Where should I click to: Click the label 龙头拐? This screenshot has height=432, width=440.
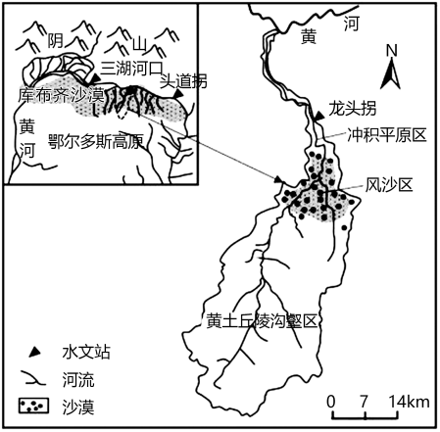(352, 109)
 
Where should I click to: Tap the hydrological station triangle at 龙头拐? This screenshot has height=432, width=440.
(318, 115)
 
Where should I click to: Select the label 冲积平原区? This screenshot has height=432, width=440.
(387, 135)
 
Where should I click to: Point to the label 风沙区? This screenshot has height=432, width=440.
(389, 185)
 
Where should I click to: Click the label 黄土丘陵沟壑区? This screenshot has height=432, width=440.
(262, 321)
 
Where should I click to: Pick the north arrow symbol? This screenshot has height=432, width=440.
(391, 75)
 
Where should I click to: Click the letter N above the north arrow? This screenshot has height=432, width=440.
(392, 51)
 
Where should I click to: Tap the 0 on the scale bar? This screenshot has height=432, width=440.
(331, 402)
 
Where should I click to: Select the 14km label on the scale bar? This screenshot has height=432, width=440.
(410, 402)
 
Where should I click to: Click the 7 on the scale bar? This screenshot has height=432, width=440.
(365, 402)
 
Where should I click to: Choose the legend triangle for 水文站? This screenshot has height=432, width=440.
(34, 353)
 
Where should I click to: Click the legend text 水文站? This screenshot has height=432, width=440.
(86, 353)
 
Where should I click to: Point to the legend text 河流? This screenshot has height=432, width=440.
(78, 380)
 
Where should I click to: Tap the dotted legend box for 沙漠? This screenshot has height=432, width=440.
(33, 406)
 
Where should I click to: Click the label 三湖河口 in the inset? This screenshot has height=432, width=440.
(131, 69)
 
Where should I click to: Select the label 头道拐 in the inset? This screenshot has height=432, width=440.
(183, 81)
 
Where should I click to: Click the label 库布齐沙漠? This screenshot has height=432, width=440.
(61, 95)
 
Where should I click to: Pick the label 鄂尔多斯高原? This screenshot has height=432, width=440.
(95, 141)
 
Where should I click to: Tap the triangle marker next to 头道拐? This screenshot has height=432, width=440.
(178, 94)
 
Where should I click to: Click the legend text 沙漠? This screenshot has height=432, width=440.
(78, 408)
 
